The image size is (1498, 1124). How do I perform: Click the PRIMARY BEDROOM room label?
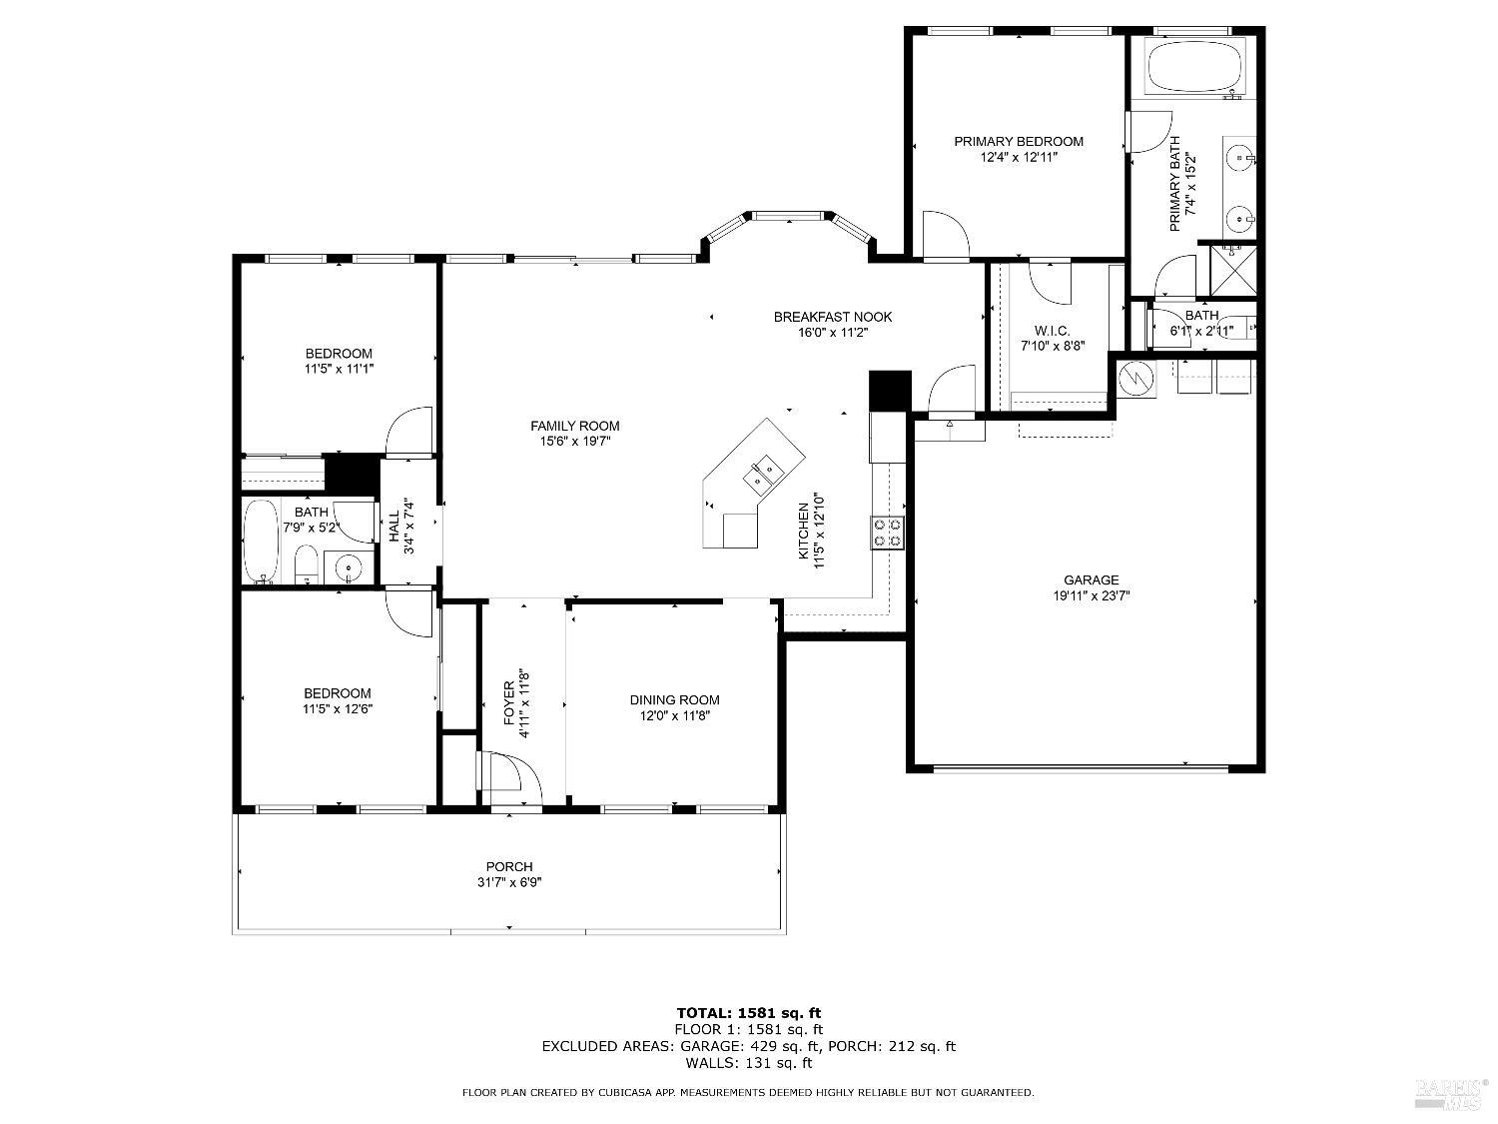(x=1018, y=141)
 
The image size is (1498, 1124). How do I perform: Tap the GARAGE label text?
(x=1091, y=579)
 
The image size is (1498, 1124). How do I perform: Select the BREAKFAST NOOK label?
(x=833, y=317)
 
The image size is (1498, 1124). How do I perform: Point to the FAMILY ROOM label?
(x=574, y=426)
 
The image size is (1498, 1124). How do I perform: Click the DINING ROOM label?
(x=674, y=699)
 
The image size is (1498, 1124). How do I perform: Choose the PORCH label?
(x=509, y=866)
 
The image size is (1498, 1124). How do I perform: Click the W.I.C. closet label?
(x=1052, y=330)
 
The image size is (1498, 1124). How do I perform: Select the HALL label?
(x=394, y=528)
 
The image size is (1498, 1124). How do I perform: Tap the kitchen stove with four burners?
(x=888, y=532)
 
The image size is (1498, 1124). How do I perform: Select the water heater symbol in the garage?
(x=1135, y=378)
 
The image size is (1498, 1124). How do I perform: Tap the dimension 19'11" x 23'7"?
(x=1091, y=595)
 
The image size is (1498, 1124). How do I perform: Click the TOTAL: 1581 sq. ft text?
(x=748, y=1012)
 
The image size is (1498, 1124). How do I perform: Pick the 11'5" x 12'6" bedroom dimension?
(x=338, y=709)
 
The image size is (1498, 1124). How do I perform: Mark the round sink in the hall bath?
(x=348, y=567)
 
